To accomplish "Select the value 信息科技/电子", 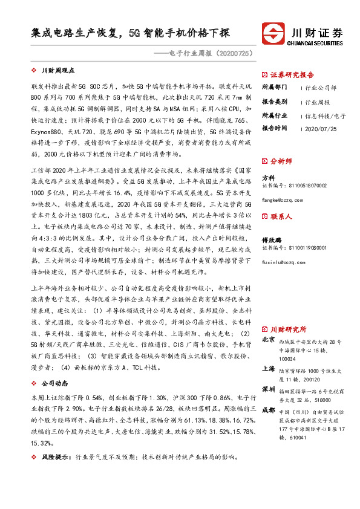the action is coord(325,115).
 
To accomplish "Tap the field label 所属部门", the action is coord(275,88).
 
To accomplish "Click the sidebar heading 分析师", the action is coord(281,161).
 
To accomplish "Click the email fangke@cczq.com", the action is coord(281,199).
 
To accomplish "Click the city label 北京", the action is coord(269,340).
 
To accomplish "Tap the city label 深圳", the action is coord(269,388).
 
